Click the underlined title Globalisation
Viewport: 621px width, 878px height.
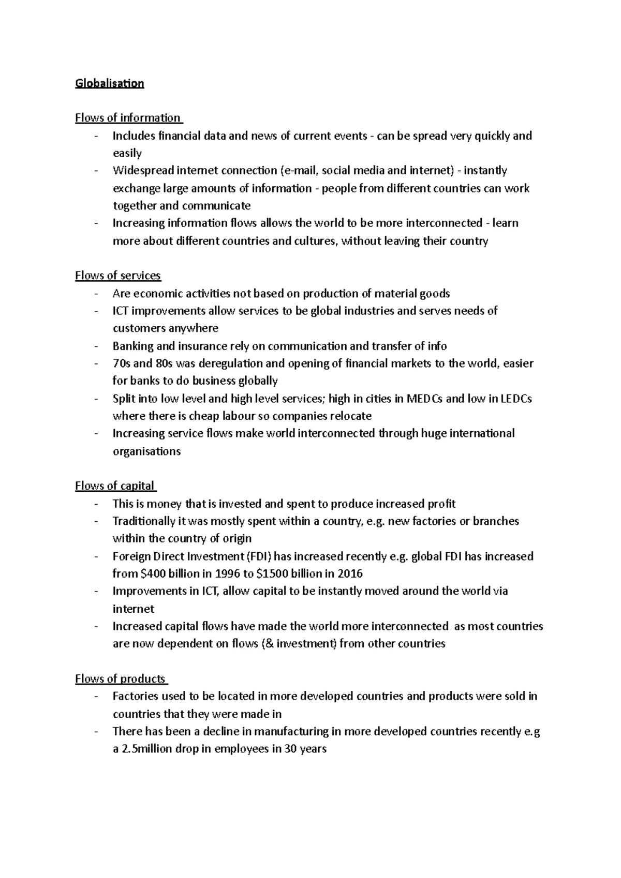click(x=109, y=83)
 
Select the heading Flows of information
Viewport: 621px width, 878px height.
click(x=128, y=118)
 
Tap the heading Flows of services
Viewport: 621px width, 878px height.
click(x=118, y=276)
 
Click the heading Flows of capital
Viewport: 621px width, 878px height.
click(x=115, y=486)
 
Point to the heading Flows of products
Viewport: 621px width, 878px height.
click(x=120, y=679)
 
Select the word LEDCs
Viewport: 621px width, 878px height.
click(x=516, y=399)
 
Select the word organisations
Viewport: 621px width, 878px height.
click(x=146, y=451)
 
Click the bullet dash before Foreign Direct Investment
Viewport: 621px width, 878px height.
click(x=97, y=556)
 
